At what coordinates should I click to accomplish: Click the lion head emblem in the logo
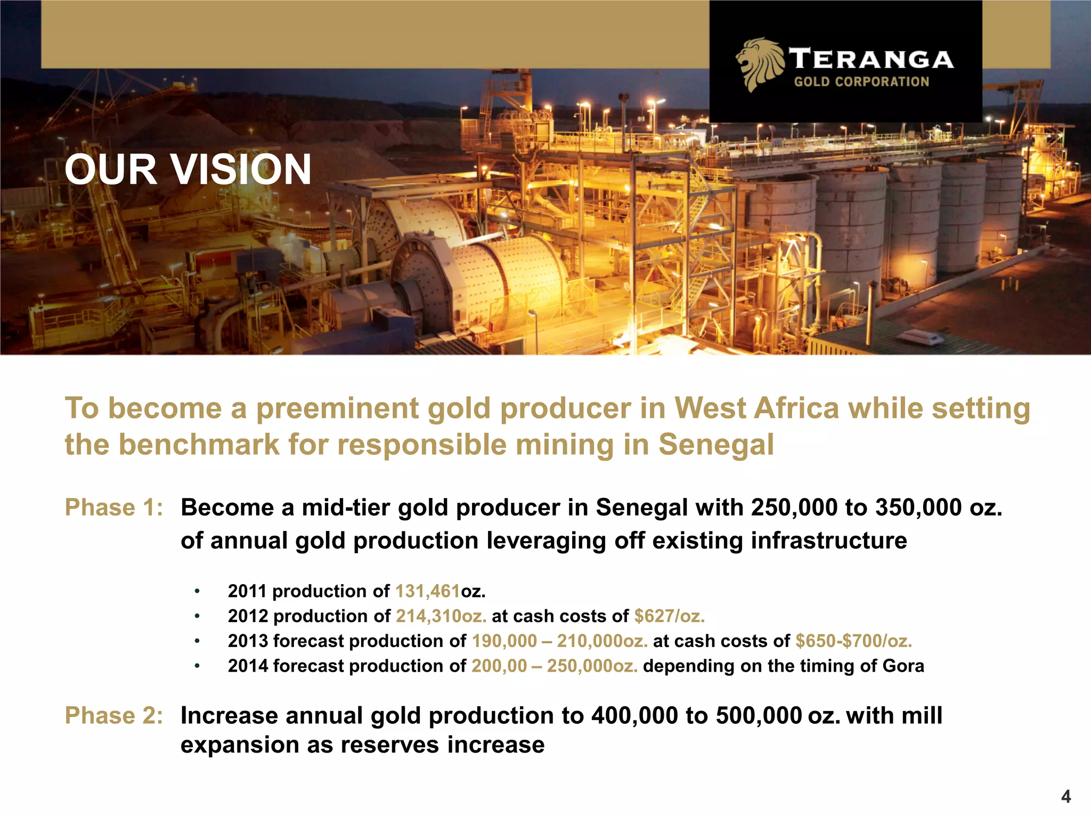click(759, 63)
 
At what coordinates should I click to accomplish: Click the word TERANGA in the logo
click(870, 59)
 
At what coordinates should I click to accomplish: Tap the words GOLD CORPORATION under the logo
click(861, 82)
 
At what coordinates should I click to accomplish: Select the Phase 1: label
click(113, 508)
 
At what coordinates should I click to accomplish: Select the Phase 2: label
click(113, 715)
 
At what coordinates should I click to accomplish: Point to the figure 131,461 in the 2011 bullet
click(427, 591)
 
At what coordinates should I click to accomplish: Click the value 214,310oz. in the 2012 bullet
click(441, 616)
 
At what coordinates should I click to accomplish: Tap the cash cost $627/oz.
click(669, 616)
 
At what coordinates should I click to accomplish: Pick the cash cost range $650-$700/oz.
click(853, 641)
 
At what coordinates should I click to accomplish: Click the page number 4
click(1065, 796)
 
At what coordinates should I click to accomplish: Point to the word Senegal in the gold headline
click(715, 445)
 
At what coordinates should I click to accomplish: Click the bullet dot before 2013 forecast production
click(197, 641)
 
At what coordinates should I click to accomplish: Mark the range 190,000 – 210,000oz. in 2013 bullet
click(559, 641)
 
